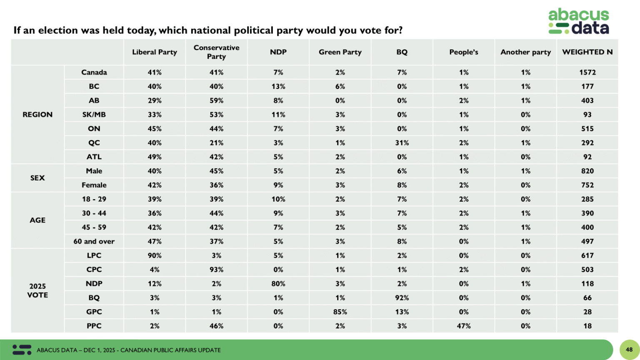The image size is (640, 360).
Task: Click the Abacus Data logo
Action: click(578, 21)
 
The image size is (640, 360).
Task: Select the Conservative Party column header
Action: click(216, 52)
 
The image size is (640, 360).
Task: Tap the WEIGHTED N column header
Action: click(587, 52)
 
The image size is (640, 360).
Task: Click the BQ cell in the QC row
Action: click(402, 143)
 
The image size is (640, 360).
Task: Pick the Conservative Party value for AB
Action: click(216, 100)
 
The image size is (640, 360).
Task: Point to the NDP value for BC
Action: click(278, 87)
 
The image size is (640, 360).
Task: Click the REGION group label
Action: click(37, 115)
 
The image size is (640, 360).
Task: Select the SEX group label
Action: click(37, 178)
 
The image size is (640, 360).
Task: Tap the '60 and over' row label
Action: click(94, 242)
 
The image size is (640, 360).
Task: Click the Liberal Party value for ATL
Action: click(155, 157)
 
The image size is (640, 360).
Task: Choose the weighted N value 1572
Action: click(587, 72)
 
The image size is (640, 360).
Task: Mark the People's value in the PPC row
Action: click(463, 326)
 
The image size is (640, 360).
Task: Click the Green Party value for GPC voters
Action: click(340, 312)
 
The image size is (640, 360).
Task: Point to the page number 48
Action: click(629, 350)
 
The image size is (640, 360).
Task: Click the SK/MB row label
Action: click(94, 115)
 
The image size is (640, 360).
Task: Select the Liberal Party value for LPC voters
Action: click(155, 256)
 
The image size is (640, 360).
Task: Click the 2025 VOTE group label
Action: click(37, 291)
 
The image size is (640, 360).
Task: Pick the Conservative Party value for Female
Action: click(216, 185)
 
